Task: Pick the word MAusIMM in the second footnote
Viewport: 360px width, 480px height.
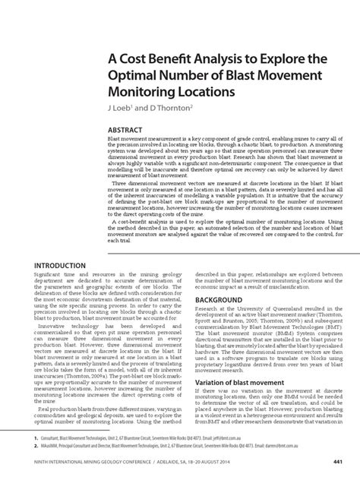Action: tap(55, 447)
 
